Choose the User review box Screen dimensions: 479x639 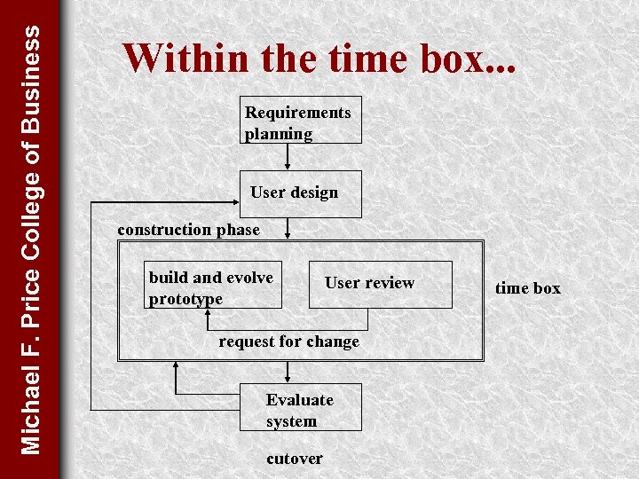point(380,285)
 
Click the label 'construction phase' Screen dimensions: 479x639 point(188,230)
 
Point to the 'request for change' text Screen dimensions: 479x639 point(288,342)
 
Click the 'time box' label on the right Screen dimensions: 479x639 point(528,287)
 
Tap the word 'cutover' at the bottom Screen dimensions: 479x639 point(294,459)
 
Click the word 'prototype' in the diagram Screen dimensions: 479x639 point(185,299)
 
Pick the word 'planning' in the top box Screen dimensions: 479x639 point(279,134)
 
